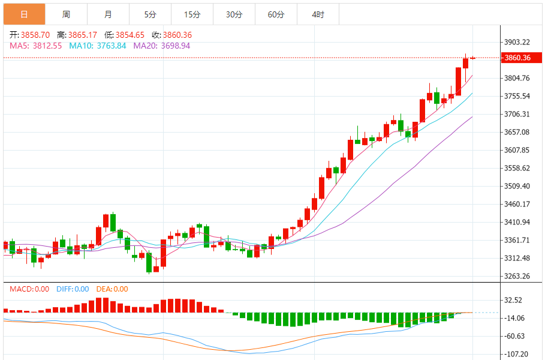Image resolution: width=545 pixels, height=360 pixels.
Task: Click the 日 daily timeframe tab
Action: point(24,14)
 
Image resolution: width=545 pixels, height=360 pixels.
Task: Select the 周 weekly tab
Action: point(66,14)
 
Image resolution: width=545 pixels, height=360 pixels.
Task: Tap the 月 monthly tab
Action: point(108,14)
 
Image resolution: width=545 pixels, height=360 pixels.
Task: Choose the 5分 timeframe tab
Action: point(150,14)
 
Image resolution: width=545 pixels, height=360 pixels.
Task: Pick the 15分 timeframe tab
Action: point(192,14)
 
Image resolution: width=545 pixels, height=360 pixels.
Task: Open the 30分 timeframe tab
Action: point(234,14)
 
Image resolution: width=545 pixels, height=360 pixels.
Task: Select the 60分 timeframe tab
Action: point(276,14)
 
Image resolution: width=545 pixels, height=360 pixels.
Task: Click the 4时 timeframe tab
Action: point(318,14)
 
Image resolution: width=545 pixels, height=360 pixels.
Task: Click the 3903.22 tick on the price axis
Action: point(517,42)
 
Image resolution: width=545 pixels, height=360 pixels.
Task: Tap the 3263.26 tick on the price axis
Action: point(517,277)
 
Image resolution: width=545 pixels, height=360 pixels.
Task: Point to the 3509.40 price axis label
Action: point(517,186)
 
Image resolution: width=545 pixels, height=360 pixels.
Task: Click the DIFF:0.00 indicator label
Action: point(73,289)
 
